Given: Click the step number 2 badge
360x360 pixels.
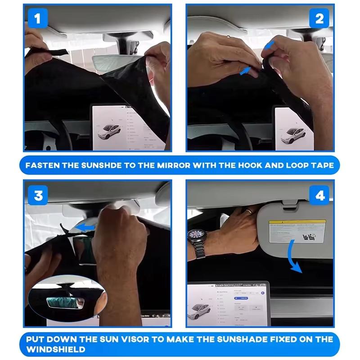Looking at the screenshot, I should (x=319, y=19).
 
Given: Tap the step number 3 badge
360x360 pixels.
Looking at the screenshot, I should (x=38, y=195).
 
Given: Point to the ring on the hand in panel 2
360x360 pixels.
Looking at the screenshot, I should (x=228, y=36).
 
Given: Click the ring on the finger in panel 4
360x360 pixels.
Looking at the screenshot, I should (x=248, y=210).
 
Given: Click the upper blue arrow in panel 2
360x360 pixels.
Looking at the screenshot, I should (x=269, y=45).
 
